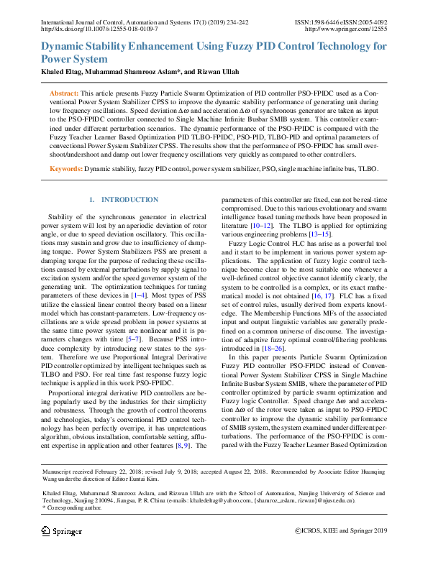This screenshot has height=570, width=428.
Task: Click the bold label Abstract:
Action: (64, 94)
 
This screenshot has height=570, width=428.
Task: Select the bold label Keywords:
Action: (65, 168)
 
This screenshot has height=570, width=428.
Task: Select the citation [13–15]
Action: (320, 234)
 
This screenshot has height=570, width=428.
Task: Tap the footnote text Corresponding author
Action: (73, 507)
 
